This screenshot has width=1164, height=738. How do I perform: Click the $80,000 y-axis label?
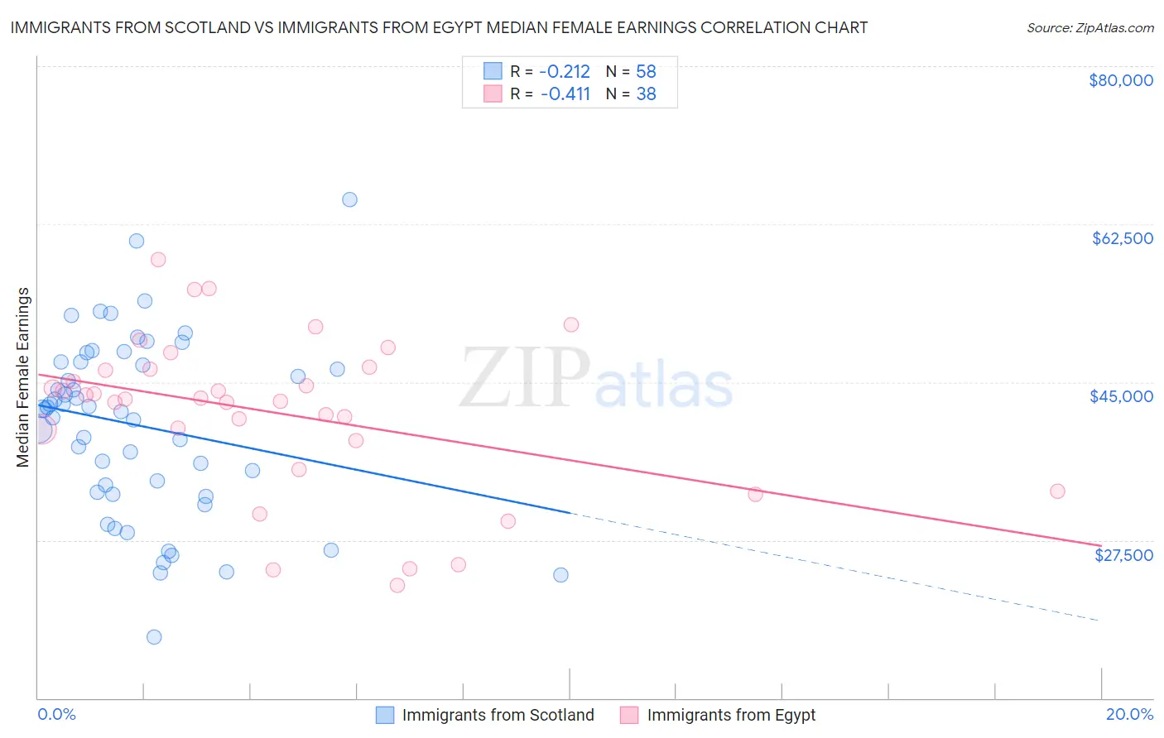[x=1121, y=80]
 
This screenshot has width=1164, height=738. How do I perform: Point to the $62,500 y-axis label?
[x=1122, y=238]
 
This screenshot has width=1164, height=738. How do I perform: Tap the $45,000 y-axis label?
[x=1121, y=396]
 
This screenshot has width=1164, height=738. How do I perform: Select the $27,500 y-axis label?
[x=1123, y=555]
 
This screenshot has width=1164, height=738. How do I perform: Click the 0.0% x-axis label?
[x=56, y=714]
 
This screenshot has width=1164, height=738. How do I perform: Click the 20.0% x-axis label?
[x=1129, y=714]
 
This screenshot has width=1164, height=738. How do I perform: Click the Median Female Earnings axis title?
[x=23, y=377]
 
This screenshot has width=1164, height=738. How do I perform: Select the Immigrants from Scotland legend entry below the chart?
[x=485, y=715]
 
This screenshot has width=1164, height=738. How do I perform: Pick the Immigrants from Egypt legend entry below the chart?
[x=718, y=715]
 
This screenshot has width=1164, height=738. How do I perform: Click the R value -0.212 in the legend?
[x=565, y=71]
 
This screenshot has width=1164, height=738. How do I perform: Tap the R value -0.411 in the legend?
[x=565, y=94]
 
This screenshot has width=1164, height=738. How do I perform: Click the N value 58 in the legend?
[x=646, y=71]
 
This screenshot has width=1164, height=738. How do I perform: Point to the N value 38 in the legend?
[x=646, y=94]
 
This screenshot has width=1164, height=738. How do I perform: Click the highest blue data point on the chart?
[x=349, y=199]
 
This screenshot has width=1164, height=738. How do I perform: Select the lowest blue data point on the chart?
[x=154, y=637]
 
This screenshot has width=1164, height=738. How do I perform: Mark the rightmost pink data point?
[x=1057, y=491]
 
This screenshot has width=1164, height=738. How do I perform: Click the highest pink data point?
[x=158, y=260]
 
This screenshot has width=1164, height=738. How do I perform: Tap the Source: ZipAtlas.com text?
[x=1089, y=28]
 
